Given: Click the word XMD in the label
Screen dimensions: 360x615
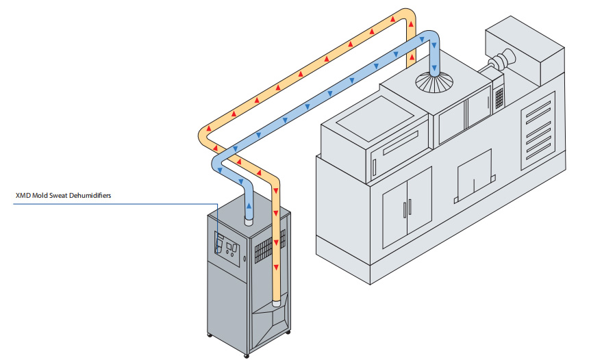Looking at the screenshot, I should [x=23, y=196].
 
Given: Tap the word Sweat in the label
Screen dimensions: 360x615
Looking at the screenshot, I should [x=55, y=196].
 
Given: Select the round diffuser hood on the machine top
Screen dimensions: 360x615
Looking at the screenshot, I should [x=434, y=81].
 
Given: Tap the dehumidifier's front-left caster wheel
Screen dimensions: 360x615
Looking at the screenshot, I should [x=209, y=335].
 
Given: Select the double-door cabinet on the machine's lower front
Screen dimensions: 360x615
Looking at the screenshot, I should [x=407, y=206].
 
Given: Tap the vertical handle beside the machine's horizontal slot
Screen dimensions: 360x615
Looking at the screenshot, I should [x=375, y=166].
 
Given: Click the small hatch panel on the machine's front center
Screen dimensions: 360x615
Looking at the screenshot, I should [x=474, y=174].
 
